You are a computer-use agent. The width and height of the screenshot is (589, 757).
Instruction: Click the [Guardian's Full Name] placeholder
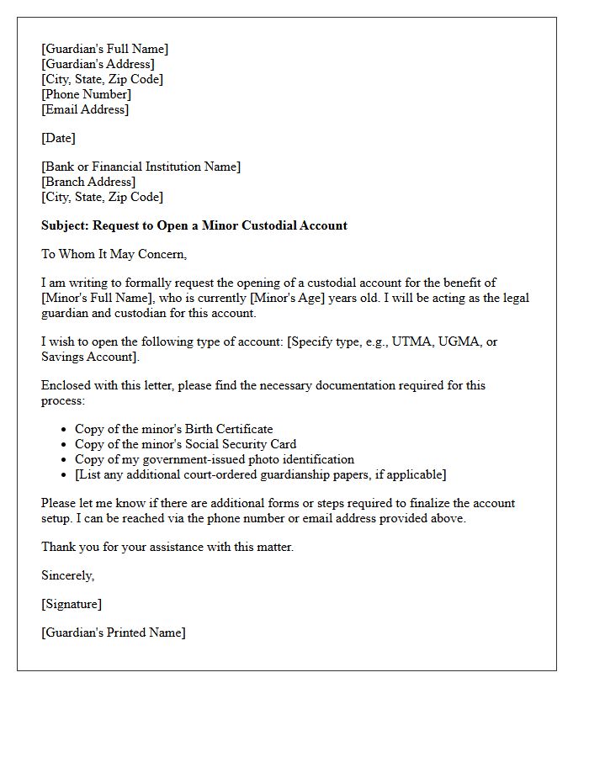104,49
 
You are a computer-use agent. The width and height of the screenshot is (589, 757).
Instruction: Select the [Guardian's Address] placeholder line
98,64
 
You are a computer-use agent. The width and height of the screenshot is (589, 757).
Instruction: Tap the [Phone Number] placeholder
86,94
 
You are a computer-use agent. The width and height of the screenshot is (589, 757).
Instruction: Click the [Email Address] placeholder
85,109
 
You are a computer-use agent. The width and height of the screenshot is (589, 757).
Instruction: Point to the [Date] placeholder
58,138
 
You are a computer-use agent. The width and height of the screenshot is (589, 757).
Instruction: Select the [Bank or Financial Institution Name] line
141,167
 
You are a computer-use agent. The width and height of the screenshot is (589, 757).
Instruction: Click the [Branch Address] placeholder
88,182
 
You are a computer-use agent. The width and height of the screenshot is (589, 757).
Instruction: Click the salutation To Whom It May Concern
114,254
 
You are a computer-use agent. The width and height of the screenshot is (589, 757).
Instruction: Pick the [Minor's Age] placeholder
289,298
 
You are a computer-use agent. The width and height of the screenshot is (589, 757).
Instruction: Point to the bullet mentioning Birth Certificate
173,429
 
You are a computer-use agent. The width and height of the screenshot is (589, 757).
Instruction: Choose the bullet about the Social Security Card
185,444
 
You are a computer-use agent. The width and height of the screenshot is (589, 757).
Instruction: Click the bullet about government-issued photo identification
214,459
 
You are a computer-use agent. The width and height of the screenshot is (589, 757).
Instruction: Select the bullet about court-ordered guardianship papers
260,474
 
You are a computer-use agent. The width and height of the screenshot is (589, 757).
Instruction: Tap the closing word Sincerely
67,575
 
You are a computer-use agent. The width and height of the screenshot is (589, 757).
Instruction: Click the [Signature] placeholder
71,604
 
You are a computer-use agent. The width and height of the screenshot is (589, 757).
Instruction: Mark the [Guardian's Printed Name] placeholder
113,633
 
